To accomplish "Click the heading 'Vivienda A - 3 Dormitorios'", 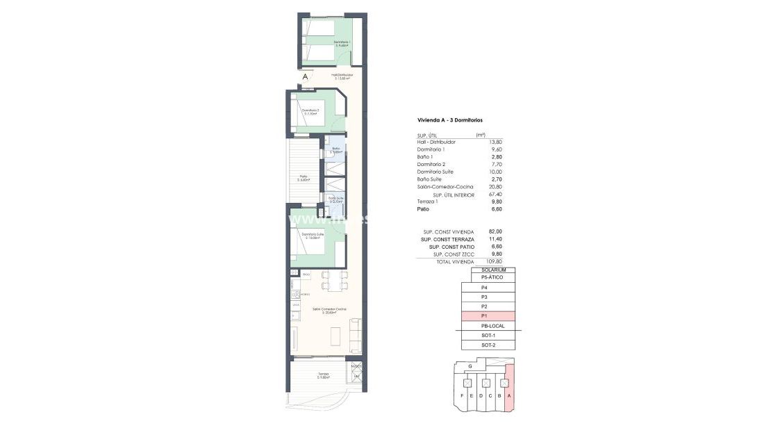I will point(449,120).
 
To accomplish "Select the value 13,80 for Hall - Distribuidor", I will point(495,142).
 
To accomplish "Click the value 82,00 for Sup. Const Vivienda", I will point(495,231).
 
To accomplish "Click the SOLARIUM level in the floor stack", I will point(488,270).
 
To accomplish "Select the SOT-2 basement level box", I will point(488,345).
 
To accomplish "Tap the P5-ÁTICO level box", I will point(488,277).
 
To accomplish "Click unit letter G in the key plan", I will point(470,366).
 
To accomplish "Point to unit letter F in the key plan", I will point(462,396).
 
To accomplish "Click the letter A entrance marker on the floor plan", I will point(305,77).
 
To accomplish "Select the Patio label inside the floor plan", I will point(304,177).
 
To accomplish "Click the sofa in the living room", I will point(355,336).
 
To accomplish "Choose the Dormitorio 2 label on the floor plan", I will point(310,110).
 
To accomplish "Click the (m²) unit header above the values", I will point(480,135).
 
